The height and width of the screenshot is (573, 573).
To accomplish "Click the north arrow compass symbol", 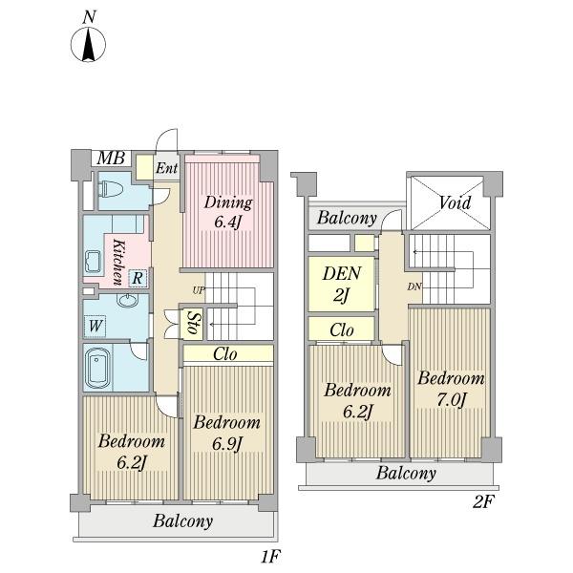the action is [88, 45].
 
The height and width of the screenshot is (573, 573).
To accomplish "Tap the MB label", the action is [111, 159].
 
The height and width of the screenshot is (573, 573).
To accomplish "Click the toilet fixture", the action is [112, 189].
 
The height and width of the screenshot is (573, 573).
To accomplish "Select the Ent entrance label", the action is [166, 168].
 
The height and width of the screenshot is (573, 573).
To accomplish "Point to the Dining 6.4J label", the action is [228, 212].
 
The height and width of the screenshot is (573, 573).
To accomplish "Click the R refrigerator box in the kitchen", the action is [138, 279].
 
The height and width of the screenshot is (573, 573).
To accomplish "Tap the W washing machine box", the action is [95, 326].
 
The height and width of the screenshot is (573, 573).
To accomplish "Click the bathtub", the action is [97, 368].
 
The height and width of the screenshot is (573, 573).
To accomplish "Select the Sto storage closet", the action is [192, 324].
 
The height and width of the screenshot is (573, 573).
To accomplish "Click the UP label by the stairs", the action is [199, 290].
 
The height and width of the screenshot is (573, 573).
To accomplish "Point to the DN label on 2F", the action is [414, 286].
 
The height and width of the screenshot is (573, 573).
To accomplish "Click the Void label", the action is [455, 202].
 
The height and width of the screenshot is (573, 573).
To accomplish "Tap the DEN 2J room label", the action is [342, 285].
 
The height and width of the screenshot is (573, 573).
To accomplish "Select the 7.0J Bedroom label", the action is [452, 389].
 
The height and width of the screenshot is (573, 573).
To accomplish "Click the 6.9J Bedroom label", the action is [227, 434].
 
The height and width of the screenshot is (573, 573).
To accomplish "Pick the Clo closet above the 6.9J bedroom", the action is [228, 353].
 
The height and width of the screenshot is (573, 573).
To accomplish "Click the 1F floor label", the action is [270, 557].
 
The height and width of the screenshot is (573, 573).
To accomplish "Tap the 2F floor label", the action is [482, 501].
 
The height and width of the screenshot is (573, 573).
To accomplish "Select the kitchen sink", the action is [93, 262].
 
